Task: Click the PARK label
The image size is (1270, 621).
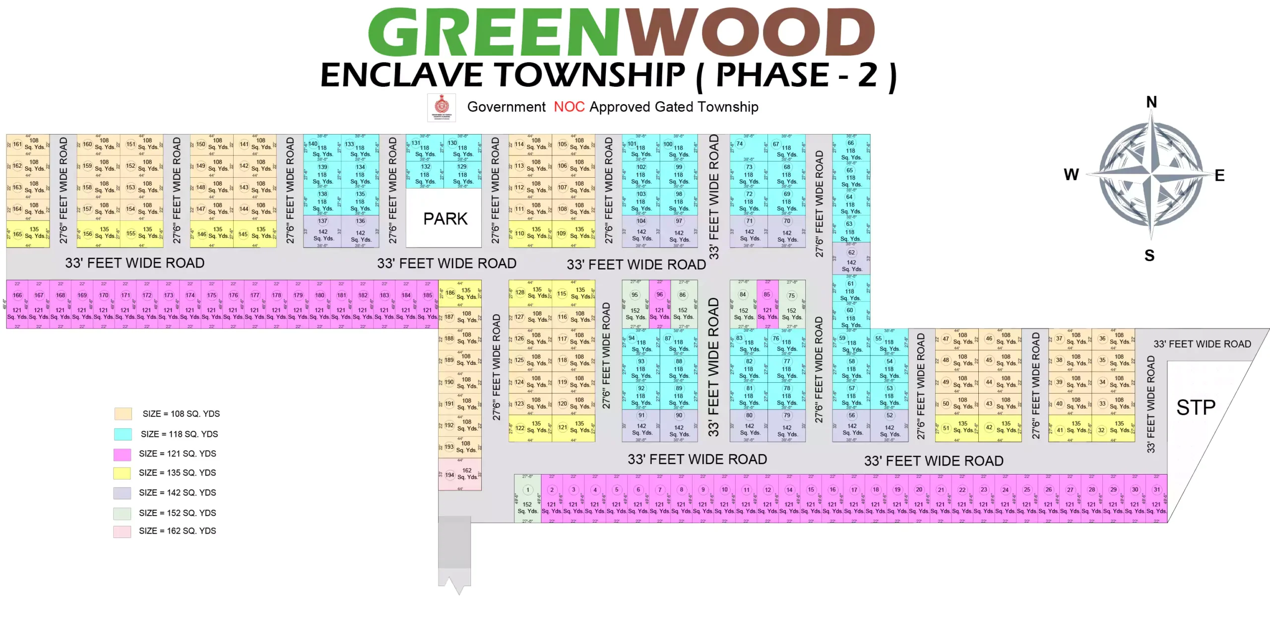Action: click(x=445, y=219)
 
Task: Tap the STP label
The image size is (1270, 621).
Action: click(x=1196, y=408)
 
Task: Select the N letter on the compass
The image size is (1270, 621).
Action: click(x=1151, y=102)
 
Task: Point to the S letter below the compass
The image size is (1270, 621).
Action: click(x=1149, y=256)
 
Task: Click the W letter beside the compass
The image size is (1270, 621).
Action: click(x=1071, y=175)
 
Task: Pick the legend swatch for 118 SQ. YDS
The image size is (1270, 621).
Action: click(x=123, y=434)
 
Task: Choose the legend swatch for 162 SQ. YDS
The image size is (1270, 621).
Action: click(x=122, y=532)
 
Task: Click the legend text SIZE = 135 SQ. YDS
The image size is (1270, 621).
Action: click(x=178, y=473)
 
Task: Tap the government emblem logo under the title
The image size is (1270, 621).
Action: click(x=442, y=107)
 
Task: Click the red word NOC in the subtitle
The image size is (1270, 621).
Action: click(x=569, y=107)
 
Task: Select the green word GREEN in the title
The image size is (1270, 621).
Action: click(x=494, y=32)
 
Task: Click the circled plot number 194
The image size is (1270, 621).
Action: click(x=449, y=475)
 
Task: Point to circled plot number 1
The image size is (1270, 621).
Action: click(x=528, y=490)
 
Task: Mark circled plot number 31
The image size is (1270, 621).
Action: click(x=1157, y=489)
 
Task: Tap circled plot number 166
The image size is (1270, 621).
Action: click(x=17, y=295)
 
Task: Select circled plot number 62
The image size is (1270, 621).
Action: click(x=851, y=253)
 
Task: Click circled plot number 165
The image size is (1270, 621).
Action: click(x=17, y=234)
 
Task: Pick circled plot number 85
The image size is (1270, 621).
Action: click(x=767, y=294)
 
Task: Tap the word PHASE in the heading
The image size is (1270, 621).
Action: click(x=772, y=75)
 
